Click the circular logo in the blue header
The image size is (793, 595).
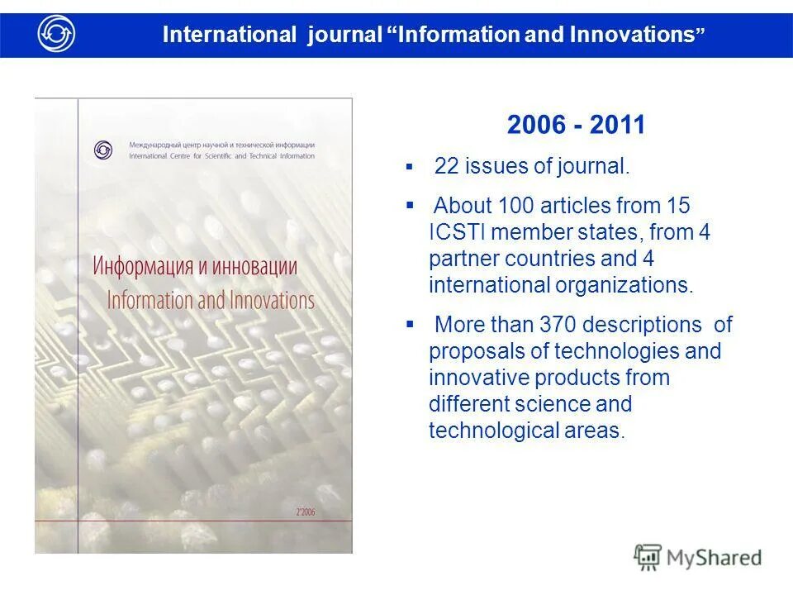click(56, 34)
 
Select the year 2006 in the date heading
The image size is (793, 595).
click(536, 125)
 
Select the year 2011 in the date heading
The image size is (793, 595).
click(616, 125)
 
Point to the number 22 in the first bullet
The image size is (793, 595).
click(446, 166)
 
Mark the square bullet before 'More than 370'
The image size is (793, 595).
click(409, 324)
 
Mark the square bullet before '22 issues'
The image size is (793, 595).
click(409, 166)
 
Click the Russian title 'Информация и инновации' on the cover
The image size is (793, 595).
click(195, 268)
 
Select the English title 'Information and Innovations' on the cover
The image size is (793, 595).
click(211, 299)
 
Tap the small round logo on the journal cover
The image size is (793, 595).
click(103, 150)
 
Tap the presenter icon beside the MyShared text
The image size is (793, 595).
click(647, 557)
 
